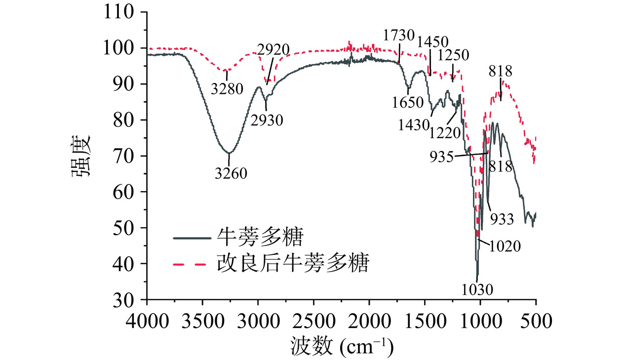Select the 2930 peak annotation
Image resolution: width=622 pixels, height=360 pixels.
pos(267,120)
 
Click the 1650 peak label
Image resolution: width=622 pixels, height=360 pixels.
pos(408,102)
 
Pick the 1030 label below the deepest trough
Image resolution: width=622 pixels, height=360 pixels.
pos(477,288)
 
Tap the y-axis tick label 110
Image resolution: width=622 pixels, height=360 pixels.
pos(119,12)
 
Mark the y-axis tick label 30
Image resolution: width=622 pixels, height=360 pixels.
pos(125,300)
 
